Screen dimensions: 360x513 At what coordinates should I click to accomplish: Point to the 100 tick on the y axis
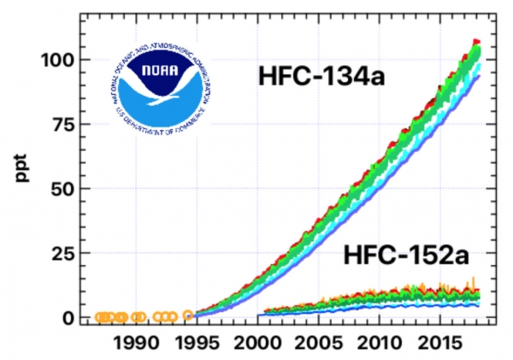point(56,60)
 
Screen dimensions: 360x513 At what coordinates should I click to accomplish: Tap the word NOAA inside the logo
point(159,72)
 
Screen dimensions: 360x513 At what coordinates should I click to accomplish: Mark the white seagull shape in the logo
point(159,88)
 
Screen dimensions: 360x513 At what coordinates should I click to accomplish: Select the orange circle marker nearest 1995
point(188,316)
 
